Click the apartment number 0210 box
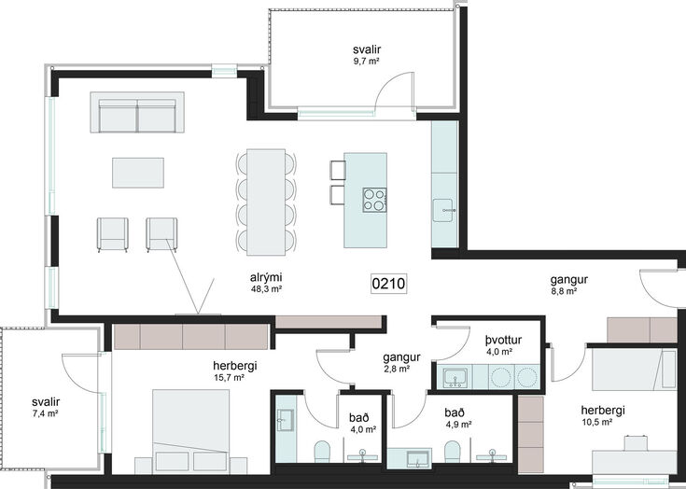click(389, 284)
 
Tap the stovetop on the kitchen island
click(374, 200)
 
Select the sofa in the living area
click(137, 112)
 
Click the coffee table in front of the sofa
click(138, 173)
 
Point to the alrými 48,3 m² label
click(266, 283)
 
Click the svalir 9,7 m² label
click(367, 55)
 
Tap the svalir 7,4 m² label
click(46, 407)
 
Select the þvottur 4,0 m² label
click(503, 345)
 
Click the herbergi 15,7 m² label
click(235, 370)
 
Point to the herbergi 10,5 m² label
click(602, 415)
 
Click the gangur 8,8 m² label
click(568, 285)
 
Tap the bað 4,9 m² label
click(457, 418)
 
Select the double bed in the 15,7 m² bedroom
click(190, 431)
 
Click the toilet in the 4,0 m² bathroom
click(322, 451)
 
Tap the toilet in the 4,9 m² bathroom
click(453, 451)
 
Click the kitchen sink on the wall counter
click(444, 210)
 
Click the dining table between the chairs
click(266, 203)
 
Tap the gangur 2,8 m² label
click(401, 363)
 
